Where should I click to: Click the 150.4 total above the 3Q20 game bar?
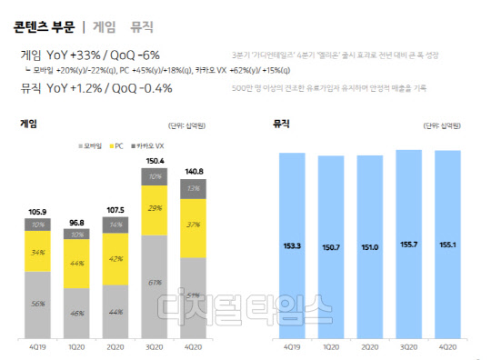(x=155, y=161)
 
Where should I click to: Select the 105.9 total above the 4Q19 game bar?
(x=38, y=214)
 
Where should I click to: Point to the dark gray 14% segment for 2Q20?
(x=115, y=224)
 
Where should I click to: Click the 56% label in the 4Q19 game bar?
(x=37, y=305)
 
